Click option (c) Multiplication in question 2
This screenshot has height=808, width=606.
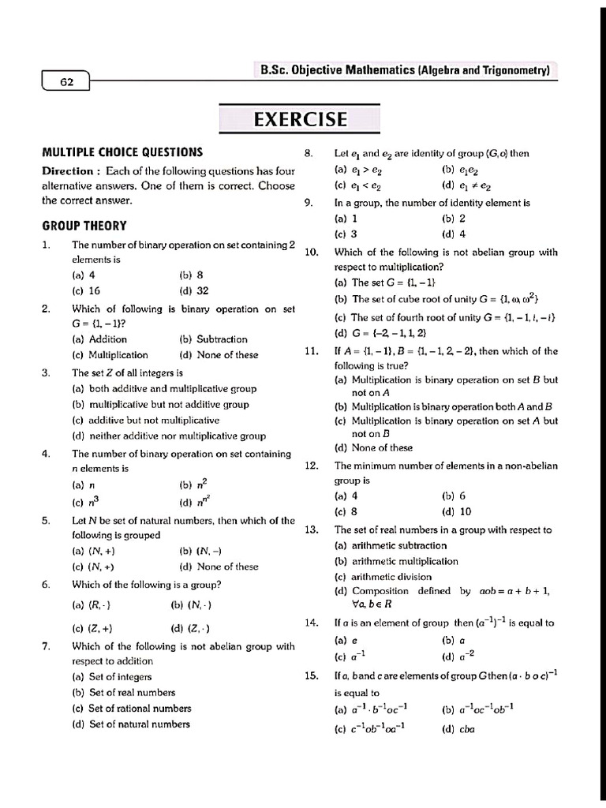(x=110, y=355)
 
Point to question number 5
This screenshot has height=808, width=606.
(x=47, y=521)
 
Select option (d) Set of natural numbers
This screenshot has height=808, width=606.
(x=131, y=724)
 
